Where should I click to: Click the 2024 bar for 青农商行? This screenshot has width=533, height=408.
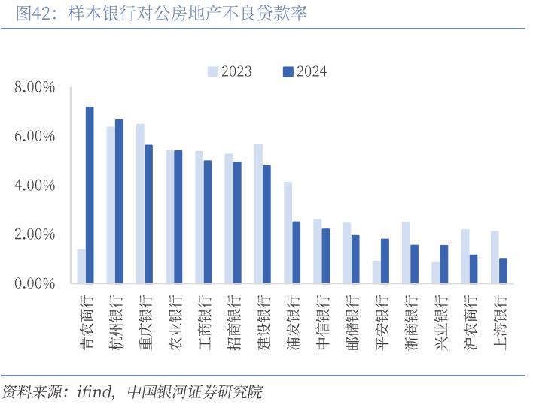pos(90,195)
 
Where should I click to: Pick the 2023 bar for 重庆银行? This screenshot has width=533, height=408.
pos(140,204)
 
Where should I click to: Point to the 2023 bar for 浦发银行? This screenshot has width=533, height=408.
pos(288,232)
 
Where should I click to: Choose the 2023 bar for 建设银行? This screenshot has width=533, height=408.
pos(258,213)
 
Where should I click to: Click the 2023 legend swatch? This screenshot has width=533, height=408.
pos(213,71)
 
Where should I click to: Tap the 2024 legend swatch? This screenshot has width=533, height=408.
pos(287,71)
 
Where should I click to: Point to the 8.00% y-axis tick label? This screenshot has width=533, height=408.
pos(35,87)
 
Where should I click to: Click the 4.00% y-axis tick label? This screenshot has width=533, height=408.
pos(35,186)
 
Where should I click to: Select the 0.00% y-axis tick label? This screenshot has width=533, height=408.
pos(35,283)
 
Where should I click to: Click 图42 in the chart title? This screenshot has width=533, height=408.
pos(32,14)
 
